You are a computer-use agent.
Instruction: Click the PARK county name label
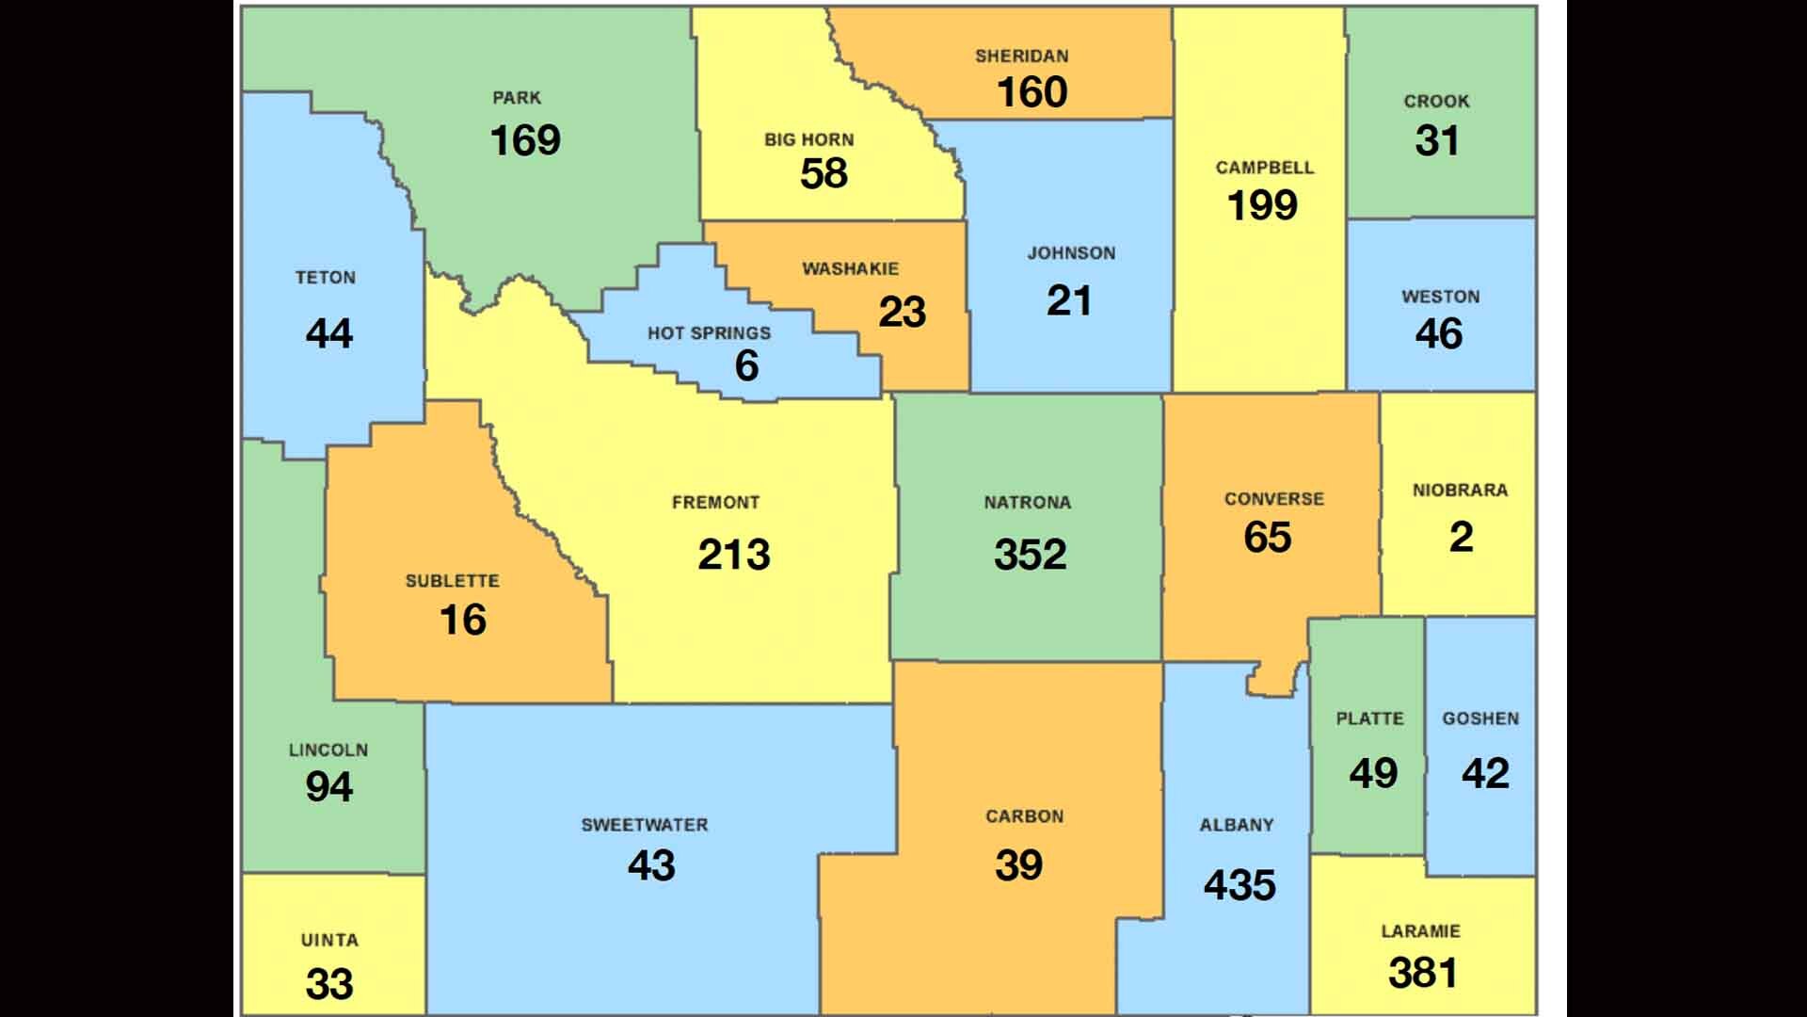517,98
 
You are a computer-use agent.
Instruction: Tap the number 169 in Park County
525,141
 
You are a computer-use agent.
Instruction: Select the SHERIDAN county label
1021,56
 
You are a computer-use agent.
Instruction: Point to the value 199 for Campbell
1262,206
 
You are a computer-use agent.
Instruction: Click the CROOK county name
1436,102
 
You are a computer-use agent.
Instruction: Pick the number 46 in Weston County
1438,334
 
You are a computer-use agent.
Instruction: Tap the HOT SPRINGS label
709,333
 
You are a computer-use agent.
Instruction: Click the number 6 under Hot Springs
746,366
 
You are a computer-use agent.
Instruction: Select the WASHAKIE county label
850,269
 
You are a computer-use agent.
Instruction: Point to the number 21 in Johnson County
1069,302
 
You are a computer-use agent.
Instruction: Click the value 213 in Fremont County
734,555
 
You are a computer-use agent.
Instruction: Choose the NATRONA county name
1027,503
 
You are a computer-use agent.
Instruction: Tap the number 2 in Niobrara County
1461,538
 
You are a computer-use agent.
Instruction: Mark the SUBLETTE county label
452,581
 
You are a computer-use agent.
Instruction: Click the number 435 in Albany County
1239,885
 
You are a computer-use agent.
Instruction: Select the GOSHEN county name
1480,718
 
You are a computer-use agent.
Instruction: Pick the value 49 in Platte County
1373,774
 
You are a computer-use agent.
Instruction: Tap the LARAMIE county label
1420,931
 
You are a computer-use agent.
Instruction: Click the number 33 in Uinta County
329,985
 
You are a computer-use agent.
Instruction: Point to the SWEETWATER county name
644,825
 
